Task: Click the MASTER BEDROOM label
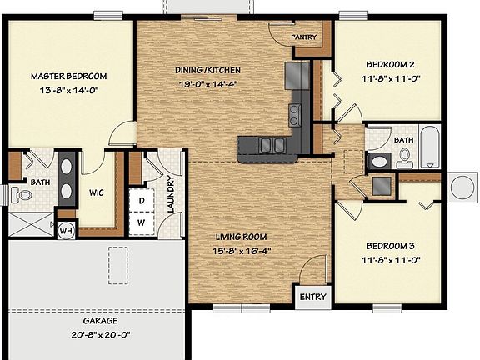[x=69, y=76]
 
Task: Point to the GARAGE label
[x=100, y=320]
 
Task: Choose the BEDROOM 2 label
[x=391, y=64]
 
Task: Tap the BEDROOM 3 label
[x=391, y=247]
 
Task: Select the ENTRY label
[x=312, y=297]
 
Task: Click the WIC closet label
[x=96, y=192]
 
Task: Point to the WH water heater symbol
[x=66, y=229]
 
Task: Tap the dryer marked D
[x=142, y=201]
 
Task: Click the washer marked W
[x=142, y=222]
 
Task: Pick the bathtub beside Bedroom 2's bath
[x=429, y=147]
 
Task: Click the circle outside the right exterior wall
[x=461, y=185]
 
